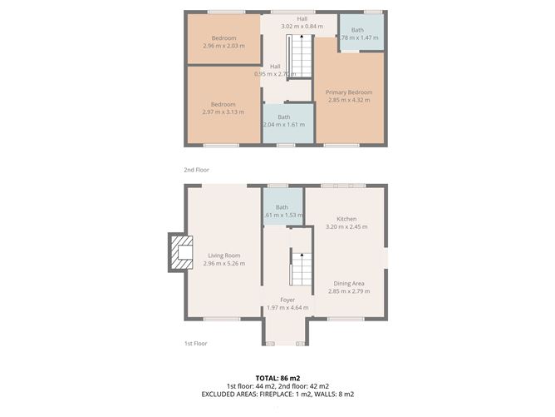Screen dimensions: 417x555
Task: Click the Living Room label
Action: point(223,256)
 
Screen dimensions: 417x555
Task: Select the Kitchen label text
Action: point(346,218)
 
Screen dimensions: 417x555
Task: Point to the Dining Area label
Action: point(346,283)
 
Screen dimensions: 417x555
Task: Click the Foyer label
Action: point(287,300)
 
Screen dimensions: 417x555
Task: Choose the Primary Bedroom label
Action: point(348,92)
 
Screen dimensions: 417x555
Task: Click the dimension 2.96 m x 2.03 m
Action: point(223,47)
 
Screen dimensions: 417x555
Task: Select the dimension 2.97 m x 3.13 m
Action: point(223,112)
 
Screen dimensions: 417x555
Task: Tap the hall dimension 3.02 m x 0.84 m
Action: point(302,26)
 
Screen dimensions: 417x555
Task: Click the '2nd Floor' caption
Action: point(196,170)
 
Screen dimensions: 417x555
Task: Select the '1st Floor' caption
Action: point(195,343)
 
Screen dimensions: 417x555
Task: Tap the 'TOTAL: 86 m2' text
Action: point(277,377)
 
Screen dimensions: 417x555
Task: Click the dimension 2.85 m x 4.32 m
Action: point(348,100)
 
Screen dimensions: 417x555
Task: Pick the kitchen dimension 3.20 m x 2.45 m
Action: point(346,226)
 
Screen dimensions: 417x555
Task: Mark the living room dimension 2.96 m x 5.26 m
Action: point(223,264)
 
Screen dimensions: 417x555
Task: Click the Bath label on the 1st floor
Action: point(282,206)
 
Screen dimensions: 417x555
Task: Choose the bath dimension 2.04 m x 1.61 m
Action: point(283,125)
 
